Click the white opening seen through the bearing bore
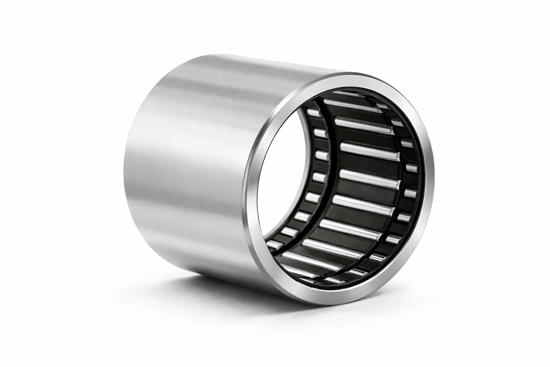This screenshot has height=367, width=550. click(x=283, y=172)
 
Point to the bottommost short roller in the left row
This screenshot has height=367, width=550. click(x=275, y=244)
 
